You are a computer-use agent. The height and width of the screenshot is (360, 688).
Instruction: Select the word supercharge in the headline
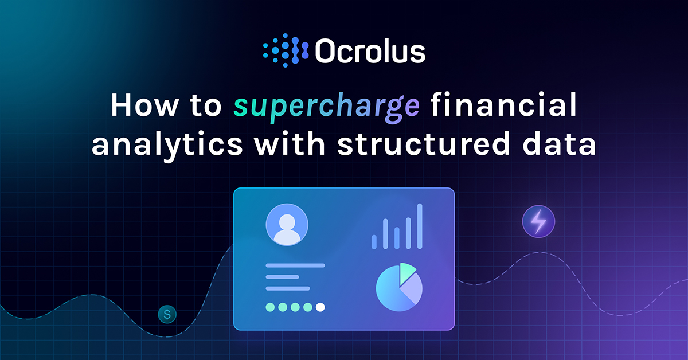326,107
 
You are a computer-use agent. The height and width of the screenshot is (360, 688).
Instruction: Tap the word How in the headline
144,107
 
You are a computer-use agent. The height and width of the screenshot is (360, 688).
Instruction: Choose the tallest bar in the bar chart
420,226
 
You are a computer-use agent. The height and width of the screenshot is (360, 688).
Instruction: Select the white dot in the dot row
320,307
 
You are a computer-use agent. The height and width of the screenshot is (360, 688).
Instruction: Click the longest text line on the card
295,265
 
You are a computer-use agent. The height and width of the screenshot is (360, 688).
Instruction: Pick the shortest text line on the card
282,277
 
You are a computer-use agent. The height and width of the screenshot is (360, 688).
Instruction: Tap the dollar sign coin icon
167,314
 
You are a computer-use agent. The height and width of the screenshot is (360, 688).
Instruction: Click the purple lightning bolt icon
538,221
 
